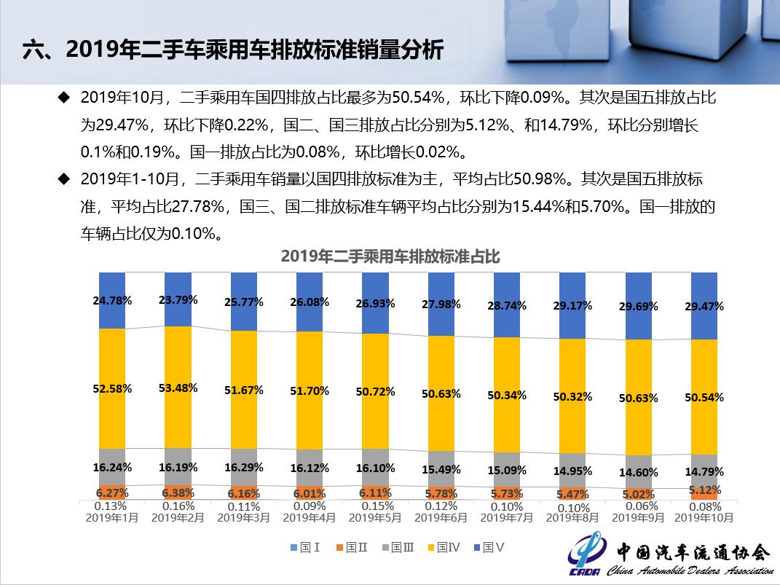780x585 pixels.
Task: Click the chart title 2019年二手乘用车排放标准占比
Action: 390,256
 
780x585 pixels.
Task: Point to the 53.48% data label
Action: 178,388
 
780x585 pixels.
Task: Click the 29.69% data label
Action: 638,306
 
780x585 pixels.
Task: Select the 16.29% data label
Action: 244,468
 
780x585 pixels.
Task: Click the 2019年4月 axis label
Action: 310,518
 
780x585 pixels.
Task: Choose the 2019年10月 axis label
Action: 704,518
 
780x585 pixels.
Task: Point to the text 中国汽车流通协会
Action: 692,551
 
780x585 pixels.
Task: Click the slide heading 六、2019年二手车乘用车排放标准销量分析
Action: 232,49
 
